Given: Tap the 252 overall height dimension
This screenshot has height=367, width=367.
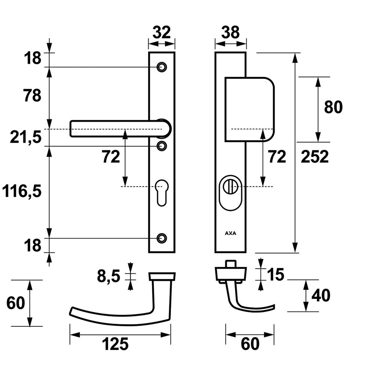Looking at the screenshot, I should click(315, 157).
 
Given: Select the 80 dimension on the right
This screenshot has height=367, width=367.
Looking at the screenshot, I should click(333, 107).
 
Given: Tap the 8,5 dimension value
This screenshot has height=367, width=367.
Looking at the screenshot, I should click(109, 276).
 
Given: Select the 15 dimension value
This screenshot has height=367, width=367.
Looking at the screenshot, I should click(276, 274).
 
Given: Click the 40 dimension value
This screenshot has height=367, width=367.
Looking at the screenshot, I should click(321, 295).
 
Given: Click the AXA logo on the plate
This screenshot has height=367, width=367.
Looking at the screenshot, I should click(230, 233).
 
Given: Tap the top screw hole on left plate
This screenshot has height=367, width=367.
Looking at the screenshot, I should click(161, 67).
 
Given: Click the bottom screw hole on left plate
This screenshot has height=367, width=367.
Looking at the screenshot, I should click(161, 238).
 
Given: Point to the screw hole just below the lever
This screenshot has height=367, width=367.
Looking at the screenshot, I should click(161, 146).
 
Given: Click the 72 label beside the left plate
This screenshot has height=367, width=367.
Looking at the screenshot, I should click(111, 157).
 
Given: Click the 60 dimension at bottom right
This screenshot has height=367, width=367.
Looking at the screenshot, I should click(250, 344).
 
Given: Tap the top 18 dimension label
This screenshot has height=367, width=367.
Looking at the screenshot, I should click(33, 59).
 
